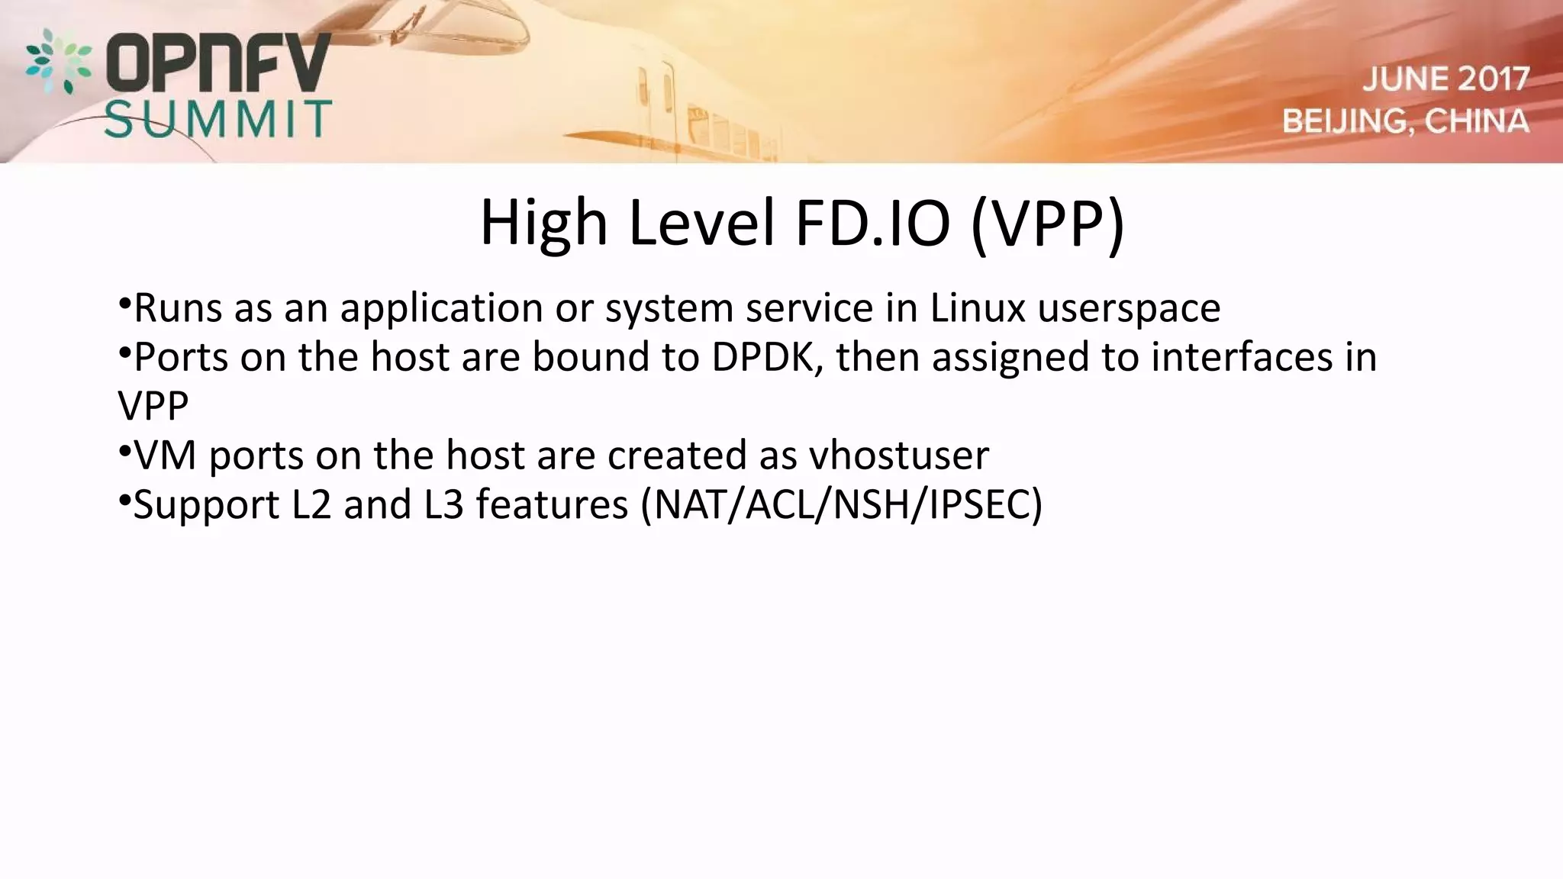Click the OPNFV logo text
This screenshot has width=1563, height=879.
(x=218, y=63)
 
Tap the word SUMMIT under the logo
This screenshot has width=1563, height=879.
(x=218, y=119)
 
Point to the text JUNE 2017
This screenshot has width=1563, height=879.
(x=1446, y=79)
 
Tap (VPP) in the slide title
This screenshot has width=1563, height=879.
(x=1048, y=223)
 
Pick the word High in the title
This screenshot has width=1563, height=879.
(x=543, y=223)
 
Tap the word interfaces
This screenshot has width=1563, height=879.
(x=1242, y=357)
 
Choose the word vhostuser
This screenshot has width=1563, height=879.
(x=899, y=456)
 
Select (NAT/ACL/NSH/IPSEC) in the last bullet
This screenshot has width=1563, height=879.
(x=842, y=505)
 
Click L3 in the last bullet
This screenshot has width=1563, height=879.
(x=443, y=505)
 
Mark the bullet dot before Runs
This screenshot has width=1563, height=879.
(x=124, y=302)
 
